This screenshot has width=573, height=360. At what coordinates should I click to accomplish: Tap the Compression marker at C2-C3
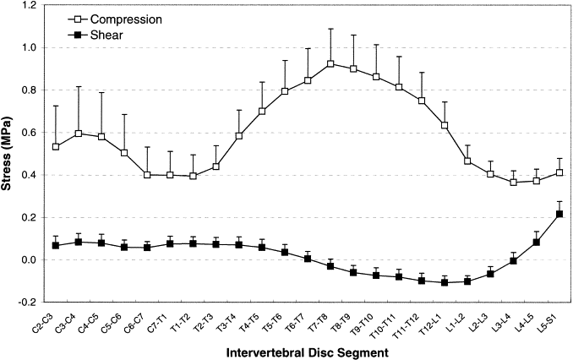coord(56,146)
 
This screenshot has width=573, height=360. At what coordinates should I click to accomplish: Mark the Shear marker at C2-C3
coord(56,245)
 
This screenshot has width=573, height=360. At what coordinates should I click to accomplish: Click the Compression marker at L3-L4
coord(514,182)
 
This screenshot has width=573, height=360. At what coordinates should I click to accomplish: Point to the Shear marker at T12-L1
coord(445,282)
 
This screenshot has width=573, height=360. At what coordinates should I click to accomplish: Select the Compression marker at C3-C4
coord(79,134)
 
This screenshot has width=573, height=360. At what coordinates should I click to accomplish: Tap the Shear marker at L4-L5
coord(537,243)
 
